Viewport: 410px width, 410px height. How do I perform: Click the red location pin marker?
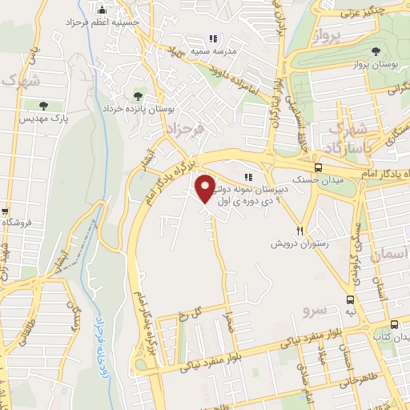206,189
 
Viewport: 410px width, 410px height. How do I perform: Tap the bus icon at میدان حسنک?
319,167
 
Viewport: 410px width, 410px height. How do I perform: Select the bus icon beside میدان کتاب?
394,324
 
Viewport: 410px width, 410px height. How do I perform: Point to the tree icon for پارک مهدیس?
42,105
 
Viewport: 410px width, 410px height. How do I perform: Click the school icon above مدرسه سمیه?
213,38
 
